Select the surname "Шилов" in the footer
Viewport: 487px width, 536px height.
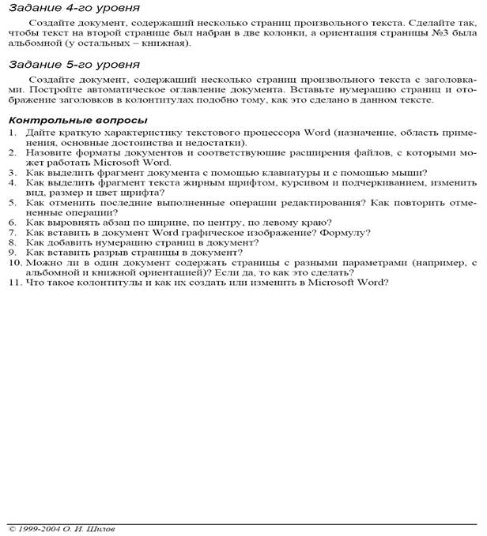pyautogui.click(x=99, y=528)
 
